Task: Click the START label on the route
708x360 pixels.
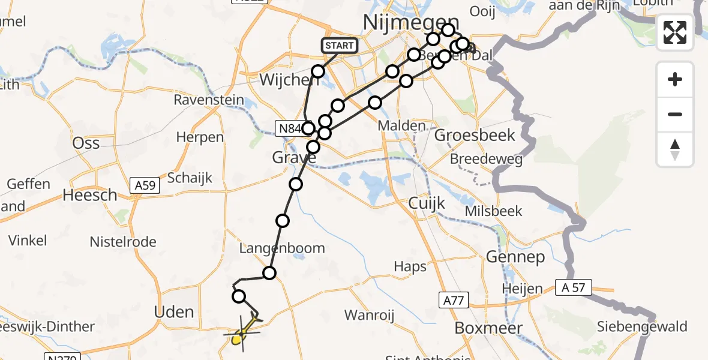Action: (340, 46)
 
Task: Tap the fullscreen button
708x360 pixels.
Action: (675, 32)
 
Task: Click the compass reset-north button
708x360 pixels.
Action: (675, 149)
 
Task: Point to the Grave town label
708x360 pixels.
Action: (294, 158)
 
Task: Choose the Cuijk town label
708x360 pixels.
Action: (427, 203)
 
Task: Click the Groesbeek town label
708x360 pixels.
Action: (475, 135)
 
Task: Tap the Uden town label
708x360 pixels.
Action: (174, 312)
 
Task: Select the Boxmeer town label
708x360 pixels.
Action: (488, 328)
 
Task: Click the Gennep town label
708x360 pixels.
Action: (515, 257)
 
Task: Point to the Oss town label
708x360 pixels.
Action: (85, 143)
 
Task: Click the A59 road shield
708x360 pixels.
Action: (146, 185)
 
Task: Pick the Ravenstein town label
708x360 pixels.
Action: (209, 100)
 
